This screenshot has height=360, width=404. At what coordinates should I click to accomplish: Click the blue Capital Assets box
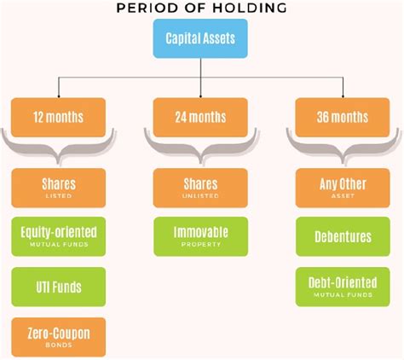(x=200, y=38)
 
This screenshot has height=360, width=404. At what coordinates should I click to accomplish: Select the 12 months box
(x=59, y=118)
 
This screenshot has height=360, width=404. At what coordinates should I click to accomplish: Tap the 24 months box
(x=200, y=118)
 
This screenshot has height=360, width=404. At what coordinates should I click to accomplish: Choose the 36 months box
(x=343, y=118)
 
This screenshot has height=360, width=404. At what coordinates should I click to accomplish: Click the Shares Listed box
(x=59, y=188)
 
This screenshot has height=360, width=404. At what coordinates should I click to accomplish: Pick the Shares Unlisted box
(x=200, y=188)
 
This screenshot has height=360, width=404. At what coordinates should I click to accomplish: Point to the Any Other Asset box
(x=343, y=188)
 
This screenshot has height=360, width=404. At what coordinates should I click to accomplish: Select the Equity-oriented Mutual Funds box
(x=59, y=236)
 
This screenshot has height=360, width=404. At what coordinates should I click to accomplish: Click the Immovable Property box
(x=201, y=236)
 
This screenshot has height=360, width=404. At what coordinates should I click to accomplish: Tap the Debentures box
(x=343, y=236)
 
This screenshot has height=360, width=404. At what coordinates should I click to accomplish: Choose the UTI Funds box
(x=59, y=287)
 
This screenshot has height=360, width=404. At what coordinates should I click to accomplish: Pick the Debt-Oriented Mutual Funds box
(x=343, y=287)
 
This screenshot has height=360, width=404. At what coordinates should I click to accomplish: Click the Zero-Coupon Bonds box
(x=59, y=337)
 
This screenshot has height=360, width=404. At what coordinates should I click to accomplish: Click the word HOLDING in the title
(x=250, y=8)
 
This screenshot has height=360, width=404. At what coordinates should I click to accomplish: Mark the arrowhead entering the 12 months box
(x=59, y=96)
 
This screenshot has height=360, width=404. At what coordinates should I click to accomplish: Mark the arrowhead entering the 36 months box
(x=343, y=96)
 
